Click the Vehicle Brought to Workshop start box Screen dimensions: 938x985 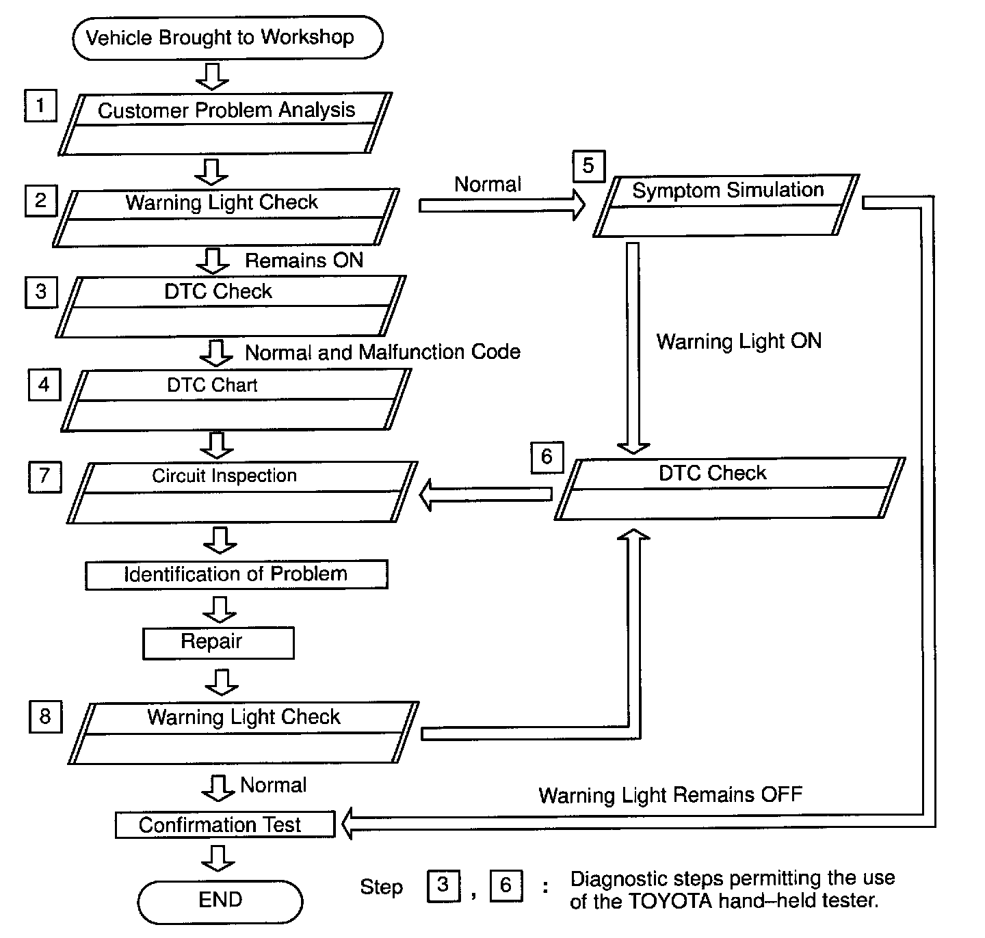click(227, 38)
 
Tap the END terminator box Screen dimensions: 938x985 click(220, 900)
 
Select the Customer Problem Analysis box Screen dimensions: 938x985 click(226, 124)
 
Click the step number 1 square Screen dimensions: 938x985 click(40, 106)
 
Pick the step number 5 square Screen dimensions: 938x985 click(588, 166)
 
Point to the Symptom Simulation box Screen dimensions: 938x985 click(726, 206)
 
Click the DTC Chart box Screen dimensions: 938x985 click(236, 400)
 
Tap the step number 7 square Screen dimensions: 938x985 click(44, 476)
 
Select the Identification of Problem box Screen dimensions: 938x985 click(236, 574)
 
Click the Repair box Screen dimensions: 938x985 click(218, 643)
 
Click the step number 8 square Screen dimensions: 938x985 click(45, 716)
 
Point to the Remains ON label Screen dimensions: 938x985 click(304, 260)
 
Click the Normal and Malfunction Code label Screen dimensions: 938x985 click(382, 352)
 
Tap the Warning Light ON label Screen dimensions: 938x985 click(739, 341)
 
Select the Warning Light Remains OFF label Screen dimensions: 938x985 click(670, 795)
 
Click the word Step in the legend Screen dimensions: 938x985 click(381, 887)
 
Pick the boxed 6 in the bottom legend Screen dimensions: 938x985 click(506, 886)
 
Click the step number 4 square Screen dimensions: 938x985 click(44, 384)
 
